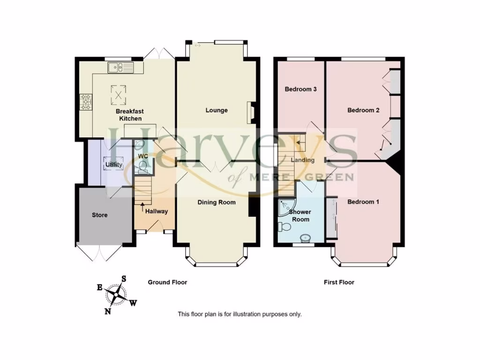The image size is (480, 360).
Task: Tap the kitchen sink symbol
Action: (120, 68)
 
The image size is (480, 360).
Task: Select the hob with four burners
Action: (87, 102)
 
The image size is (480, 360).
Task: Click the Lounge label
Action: (217, 110)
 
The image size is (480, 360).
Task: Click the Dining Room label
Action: (216, 202)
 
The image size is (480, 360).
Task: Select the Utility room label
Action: (113, 165)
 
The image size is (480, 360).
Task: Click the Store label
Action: (99, 215)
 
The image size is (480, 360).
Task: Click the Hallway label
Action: (156, 211)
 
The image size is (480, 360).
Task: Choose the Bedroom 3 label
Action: (300, 89)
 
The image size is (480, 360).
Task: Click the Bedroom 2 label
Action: (363, 110)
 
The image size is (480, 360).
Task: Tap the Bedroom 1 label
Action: (363, 202)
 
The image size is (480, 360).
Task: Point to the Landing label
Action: (302, 160)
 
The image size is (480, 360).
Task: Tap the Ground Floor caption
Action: (167, 282)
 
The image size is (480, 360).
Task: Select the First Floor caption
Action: (339, 282)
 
